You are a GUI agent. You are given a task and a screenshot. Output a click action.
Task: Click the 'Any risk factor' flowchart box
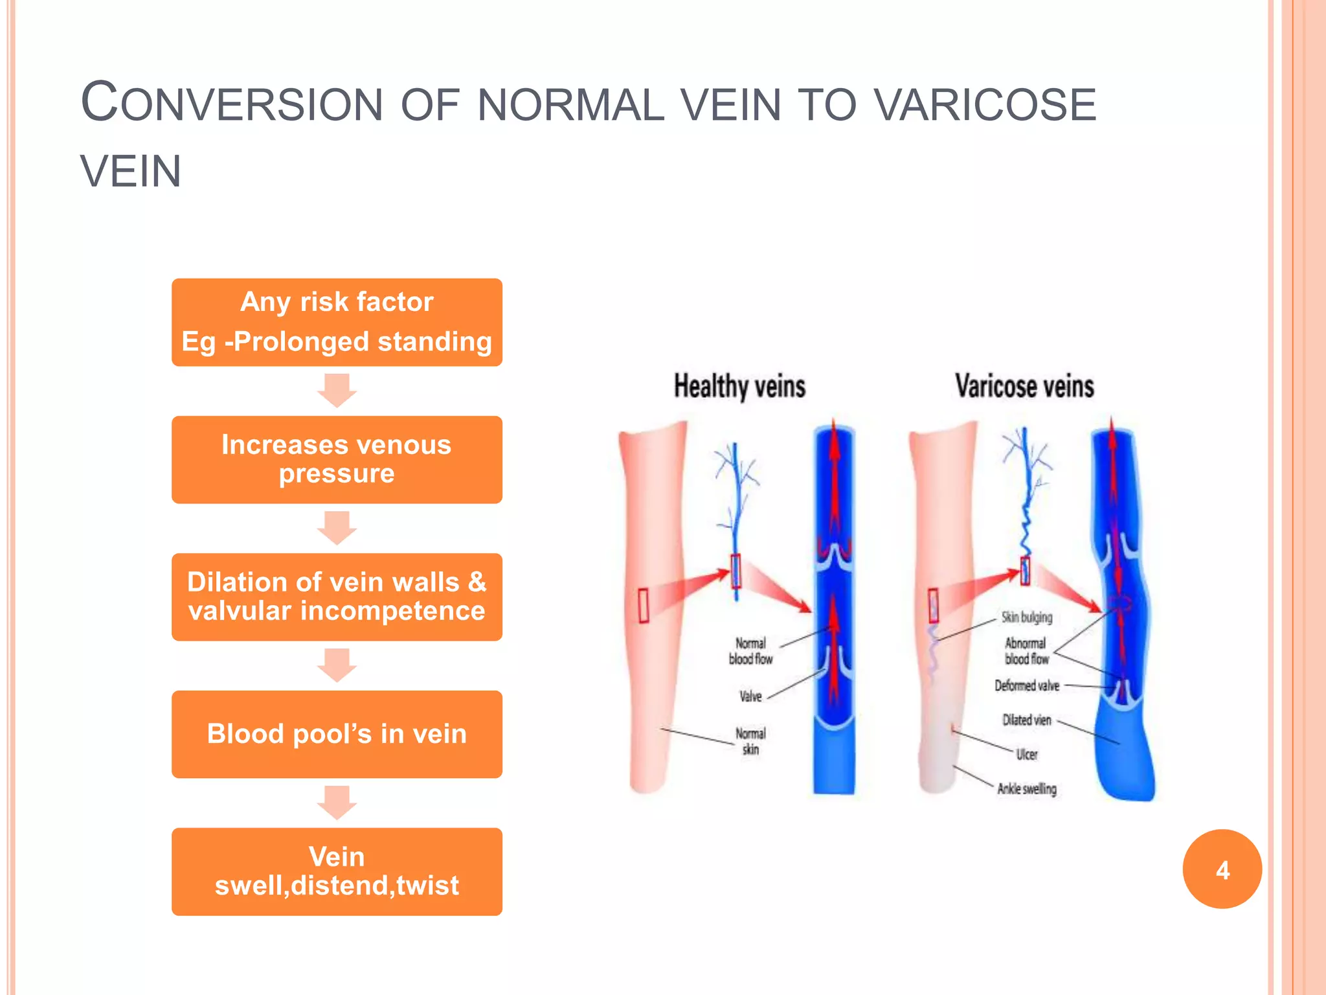(337, 322)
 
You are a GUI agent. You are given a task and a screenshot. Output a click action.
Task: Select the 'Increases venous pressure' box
(337, 459)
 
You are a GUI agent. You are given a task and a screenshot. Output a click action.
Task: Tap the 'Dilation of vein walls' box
(337, 597)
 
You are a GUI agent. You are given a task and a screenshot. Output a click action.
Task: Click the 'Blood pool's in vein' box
(337, 734)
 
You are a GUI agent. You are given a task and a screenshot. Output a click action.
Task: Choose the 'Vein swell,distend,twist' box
(337, 871)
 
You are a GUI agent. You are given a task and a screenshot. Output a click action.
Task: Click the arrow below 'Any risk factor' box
(337, 390)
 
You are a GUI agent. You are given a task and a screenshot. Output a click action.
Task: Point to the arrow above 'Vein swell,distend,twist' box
(337, 802)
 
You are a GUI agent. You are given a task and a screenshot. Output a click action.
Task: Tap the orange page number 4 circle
(1222, 869)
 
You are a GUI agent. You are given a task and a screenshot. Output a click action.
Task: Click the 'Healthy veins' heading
(739, 387)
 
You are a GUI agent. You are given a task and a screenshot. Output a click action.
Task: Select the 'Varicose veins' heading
(1024, 387)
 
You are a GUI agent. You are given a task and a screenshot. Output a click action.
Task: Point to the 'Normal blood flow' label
(750, 651)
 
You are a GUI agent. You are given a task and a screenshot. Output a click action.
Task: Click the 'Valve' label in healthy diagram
(750, 696)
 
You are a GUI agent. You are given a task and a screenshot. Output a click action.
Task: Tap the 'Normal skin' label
(750, 741)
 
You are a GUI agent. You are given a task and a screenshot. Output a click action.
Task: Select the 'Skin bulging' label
(1027, 617)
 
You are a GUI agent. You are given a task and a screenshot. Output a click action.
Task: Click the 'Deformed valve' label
(1027, 685)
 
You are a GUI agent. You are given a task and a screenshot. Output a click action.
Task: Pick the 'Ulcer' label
(1027, 754)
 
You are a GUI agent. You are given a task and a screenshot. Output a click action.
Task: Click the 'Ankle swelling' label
(1027, 788)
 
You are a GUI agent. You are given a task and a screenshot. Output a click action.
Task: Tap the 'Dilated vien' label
(1027, 720)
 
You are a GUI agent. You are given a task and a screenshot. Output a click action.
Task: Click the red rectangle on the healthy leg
(644, 606)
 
